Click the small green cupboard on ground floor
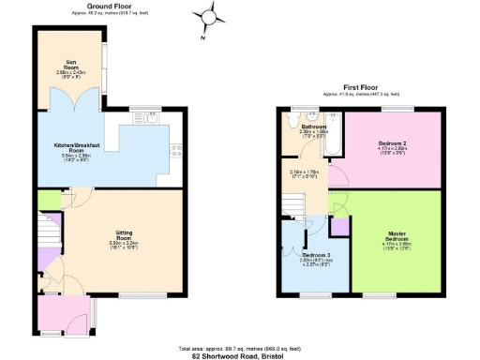coord(44,199)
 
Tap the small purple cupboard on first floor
coord(339,225)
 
